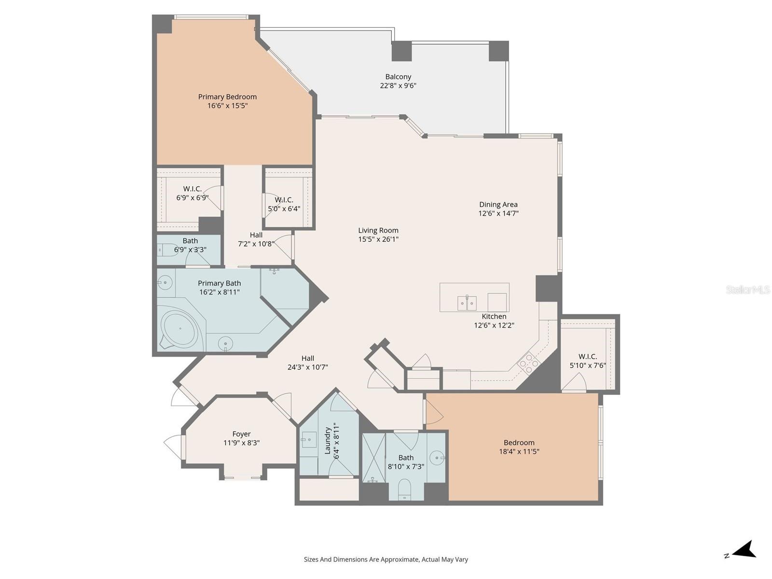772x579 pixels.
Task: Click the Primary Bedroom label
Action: click(227, 97)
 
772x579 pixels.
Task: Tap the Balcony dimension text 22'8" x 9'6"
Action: click(398, 86)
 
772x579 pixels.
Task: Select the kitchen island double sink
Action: click(467, 303)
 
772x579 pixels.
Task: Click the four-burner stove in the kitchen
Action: click(528, 363)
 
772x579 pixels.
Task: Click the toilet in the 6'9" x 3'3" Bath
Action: click(166, 250)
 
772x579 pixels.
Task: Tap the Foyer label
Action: click(241, 434)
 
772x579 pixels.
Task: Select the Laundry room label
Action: click(328, 440)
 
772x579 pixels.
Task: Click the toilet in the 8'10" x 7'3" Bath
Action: click(404, 490)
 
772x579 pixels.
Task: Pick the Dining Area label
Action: click(498, 205)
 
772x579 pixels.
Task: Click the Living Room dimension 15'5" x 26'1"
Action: click(378, 239)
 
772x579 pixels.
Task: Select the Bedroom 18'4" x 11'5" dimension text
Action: click(519, 452)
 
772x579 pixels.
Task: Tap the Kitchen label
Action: click(494, 317)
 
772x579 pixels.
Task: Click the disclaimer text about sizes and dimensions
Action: click(386, 560)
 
